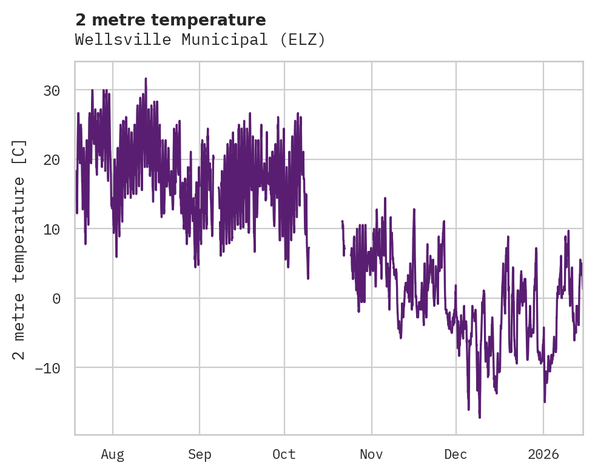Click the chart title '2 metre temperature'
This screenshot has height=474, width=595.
pyautogui.click(x=170, y=20)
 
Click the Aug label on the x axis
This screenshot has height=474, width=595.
pyautogui.click(x=113, y=455)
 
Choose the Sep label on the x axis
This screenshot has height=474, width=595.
pyautogui.click(x=199, y=455)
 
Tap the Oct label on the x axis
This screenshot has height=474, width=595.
pyautogui.click(x=284, y=455)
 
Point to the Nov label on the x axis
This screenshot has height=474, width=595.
pyautogui.click(x=371, y=455)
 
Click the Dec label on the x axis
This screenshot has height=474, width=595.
pyautogui.click(x=455, y=455)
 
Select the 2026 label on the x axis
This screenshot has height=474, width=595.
pyautogui.click(x=543, y=455)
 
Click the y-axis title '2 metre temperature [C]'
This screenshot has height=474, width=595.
pyautogui.click(x=19, y=249)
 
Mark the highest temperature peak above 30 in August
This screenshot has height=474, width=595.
pyautogui.click(x=146, y=79)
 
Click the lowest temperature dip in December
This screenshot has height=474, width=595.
pyautogui.click(x=479, y=417)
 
